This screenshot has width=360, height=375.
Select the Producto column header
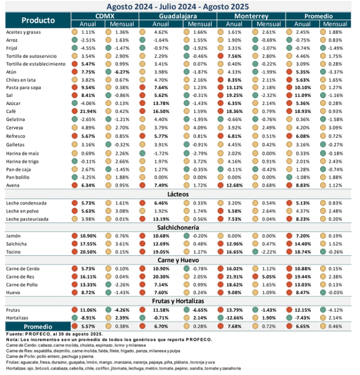click(38, 21)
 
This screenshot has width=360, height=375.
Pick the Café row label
click(11, 126)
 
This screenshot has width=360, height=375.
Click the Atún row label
click(12, 72)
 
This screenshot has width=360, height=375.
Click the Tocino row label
click(13, 252)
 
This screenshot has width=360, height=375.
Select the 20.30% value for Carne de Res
click(161, 277)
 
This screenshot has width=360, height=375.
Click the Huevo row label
click(13, 293)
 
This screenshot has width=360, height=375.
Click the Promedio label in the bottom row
click(38, 327)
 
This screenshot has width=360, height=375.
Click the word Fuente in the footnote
click(15, 334)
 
